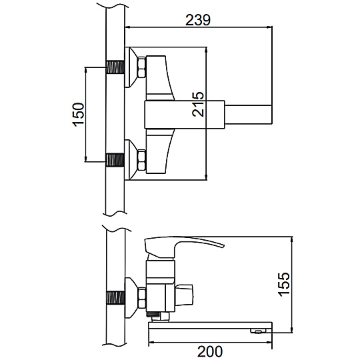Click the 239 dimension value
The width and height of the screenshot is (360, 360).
click(x=198, y=20)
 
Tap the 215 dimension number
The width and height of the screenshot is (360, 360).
click(x=198, y=104)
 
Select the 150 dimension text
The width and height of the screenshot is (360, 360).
click(x=79, y=115)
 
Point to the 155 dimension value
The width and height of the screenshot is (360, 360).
click(x=284, y=284)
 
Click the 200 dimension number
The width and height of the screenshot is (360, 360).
click(x=210, y=351)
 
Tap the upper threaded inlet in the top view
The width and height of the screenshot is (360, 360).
click(x=115, y=67)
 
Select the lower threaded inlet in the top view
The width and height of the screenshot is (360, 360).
click(x=115, y=160)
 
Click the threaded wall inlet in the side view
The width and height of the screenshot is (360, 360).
click(x=115, y=298)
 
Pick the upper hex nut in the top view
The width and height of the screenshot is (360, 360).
click(x=141, y=67)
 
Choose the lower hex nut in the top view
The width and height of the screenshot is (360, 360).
click(x=141, y=160)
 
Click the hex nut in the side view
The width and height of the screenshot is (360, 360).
click(x=142, y=298)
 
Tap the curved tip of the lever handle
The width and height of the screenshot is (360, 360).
click(x=222, y=245)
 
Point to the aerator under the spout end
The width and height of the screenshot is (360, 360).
click(x=259, y=331)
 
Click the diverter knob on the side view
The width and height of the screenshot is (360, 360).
click(x=184, y=295)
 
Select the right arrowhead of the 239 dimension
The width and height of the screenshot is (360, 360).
click(x=269, y=27)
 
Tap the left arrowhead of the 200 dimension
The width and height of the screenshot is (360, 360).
click(x=152, y=343)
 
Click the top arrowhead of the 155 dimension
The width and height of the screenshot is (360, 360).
click(x=292, y=240)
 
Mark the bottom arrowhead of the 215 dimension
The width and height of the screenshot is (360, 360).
click(x=207, y=177)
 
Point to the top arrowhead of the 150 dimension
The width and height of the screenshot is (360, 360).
click(x=86, y=71)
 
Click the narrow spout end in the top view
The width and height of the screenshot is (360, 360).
click(x=249, y=115)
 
